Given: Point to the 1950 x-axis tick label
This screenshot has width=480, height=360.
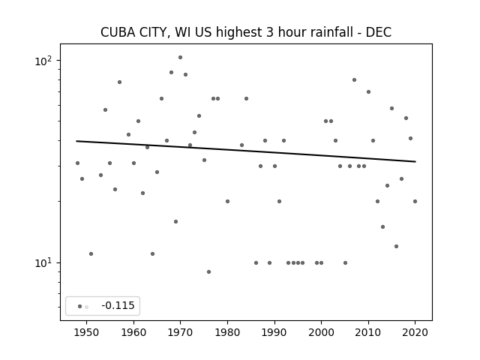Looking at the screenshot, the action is [87, 332].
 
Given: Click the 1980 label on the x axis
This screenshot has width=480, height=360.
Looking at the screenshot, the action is [227, 332].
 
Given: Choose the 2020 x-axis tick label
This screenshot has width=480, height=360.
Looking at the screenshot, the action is [415, 332].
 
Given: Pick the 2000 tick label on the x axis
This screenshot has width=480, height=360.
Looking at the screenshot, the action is [321, 332].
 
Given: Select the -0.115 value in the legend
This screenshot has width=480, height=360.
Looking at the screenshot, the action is [118, 305].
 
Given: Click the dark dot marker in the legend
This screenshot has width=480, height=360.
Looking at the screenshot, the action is [80, 307].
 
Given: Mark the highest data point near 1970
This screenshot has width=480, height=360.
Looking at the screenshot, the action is [180, 57].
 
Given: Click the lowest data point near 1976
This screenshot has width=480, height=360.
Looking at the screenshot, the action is [208, 271].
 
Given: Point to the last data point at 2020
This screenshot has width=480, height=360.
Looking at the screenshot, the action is [415, 202].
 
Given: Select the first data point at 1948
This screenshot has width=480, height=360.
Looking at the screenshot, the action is [77, 163].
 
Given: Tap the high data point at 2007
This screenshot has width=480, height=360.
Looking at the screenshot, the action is [354, 80].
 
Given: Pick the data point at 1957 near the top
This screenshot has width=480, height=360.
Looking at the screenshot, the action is [120, 82].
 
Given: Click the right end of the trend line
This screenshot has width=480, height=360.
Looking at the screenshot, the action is [415, 162].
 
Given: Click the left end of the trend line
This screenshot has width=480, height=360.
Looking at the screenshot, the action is [76, 141].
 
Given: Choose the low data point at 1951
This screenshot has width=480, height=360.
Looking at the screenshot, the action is [91, 253].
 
